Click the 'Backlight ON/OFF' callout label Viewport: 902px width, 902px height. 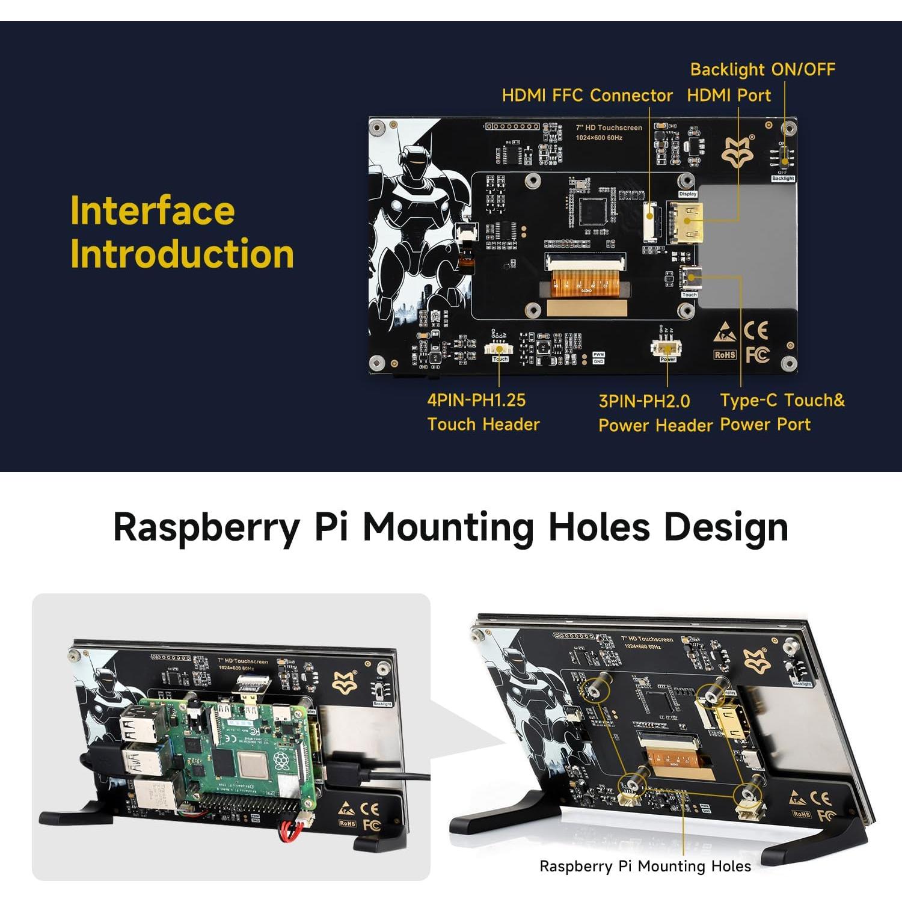click(x=762, y=70)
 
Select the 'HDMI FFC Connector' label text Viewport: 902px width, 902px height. click(x=587, y=96)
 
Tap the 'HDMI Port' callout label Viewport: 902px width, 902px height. click(x=729, y=96)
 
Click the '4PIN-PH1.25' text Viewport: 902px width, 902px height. click(x=476, y=400)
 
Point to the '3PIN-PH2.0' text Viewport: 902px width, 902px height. click(x=644, y=402)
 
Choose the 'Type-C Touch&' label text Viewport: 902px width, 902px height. click(x=782, y=400)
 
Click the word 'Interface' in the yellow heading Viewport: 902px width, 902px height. click(x=152, y=211)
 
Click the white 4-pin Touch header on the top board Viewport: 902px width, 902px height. click(x=499, y=349)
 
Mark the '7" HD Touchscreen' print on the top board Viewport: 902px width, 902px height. click(x=609, y=127)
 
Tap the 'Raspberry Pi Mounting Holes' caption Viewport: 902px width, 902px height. click(x=645, y=867)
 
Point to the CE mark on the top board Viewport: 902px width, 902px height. click(x=756, y=331)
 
